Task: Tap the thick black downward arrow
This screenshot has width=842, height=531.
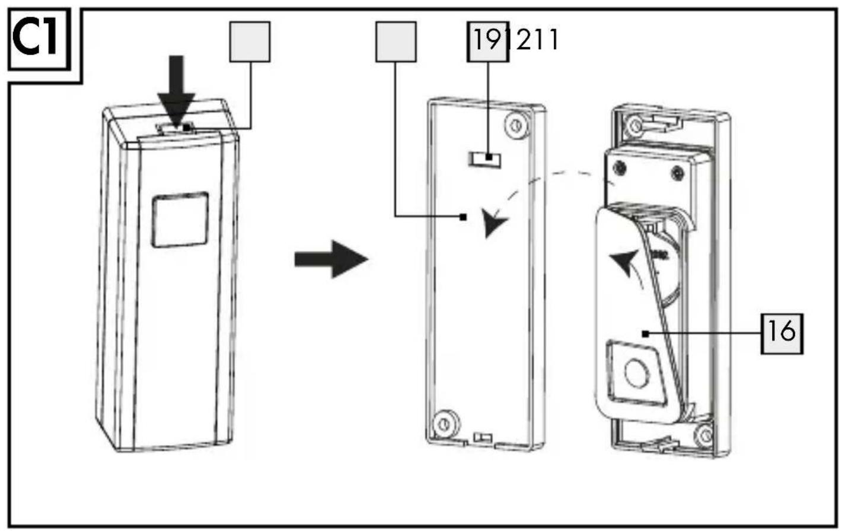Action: (176, 94)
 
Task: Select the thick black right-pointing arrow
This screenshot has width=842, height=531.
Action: (331, 259)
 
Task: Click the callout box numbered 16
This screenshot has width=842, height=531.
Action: (782, 333)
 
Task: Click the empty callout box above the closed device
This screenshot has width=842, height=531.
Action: (250, 42)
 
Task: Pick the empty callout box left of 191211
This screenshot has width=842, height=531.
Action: (396, 42)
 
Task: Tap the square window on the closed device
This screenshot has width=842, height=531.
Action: (180, 220)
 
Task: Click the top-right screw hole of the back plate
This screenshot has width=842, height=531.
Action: (517, 125)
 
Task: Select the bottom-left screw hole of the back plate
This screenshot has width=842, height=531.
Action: (446, 424)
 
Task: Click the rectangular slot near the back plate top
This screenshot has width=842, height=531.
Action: (484, 160)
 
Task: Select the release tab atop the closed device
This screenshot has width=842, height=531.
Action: (176, 128)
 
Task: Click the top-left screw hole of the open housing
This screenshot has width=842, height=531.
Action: (636, 125)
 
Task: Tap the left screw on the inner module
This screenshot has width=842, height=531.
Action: (618, 167)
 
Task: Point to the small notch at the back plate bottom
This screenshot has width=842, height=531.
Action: (483, 438)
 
